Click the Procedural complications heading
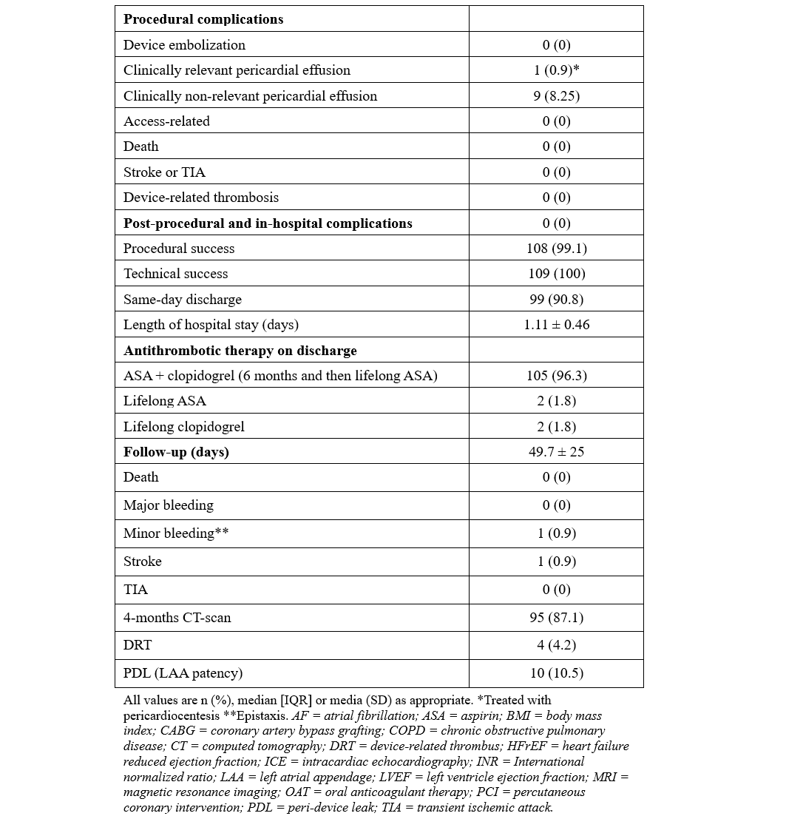coord(203,19)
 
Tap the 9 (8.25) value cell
coord(556,96)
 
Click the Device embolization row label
coord(184,45)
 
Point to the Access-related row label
coord(166,121)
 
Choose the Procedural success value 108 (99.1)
coord(556,249)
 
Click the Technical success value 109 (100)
coord(556,274)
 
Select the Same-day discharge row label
coord(183,300)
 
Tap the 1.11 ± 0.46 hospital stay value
coord(556,325)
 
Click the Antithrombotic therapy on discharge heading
coord(240,351)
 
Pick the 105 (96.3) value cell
coord(556,376)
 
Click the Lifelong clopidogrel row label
coord(183,427)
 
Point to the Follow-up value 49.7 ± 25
coord(556,452)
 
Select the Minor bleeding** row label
coord(176,533)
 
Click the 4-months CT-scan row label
coord(177,618)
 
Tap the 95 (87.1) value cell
coord(556,618)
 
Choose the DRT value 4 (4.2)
coord(556,645)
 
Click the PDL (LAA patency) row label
coord(183,673)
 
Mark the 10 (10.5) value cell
coord(556,673)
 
